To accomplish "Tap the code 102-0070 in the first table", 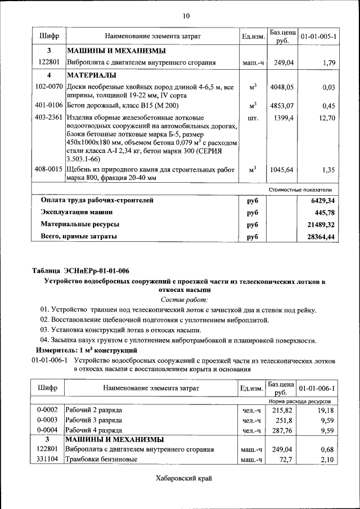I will [x=49, y=87].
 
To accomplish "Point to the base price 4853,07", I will [x=282, y=106].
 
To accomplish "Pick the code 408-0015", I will [x=49, y=169].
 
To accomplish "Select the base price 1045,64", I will [x=282, y=169].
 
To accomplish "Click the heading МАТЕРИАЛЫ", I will [x=92, y=75].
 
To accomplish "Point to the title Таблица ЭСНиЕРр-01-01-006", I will [x=80, y=271].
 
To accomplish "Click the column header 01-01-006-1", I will [x=318, y=389].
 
